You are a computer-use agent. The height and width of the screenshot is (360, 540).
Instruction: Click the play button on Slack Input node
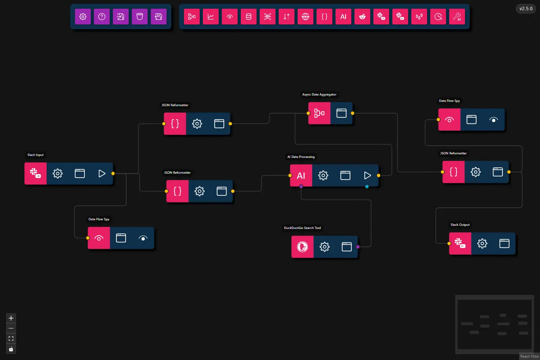tap(102, 174)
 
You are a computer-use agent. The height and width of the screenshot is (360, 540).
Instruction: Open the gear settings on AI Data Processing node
tap(323, 176)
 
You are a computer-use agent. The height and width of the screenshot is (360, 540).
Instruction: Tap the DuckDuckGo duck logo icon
tap(302, 247)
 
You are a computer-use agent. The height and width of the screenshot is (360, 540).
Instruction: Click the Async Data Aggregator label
tap(319, 95)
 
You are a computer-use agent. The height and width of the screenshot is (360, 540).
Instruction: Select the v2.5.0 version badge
tap(526, 9)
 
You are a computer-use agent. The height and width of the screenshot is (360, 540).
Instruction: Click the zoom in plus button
tap(11, 318)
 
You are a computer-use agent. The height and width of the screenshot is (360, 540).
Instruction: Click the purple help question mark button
tap(102, 17)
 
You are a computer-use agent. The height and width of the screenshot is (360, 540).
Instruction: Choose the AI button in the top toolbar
tap(343, 17)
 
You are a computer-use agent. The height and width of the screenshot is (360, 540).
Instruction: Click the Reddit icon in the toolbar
tap(362, 17)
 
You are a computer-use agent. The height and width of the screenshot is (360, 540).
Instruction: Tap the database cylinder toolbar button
tap(249, 17)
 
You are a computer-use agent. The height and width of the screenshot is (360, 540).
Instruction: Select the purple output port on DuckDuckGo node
tap(358, 247)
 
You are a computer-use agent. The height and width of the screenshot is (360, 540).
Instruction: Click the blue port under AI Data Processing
tap(367, 187)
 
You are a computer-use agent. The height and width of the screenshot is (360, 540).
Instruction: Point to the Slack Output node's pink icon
tap(460, 244)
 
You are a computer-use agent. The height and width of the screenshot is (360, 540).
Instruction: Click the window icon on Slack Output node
tap(504, 244)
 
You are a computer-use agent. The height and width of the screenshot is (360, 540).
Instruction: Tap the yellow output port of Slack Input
tap(113, 174)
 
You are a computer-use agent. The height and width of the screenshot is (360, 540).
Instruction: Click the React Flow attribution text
tap(529, 356)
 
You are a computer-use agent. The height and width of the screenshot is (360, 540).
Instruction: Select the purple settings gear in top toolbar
tap(83, 17)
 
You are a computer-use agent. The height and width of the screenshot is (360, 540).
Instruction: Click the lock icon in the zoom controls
tap(11, 349)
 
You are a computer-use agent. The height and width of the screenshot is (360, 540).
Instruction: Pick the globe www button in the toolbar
tap(306, 17)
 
